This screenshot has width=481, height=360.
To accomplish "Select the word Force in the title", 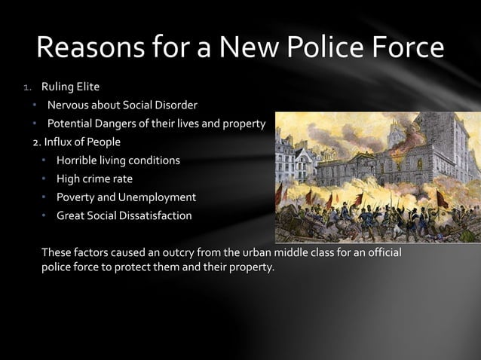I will tap(407, 48).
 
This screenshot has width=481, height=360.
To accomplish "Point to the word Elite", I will tap(86, 87).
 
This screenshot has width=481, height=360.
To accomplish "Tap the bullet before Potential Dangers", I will tap(34, 124).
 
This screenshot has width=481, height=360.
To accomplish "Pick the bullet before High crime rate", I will tap(44, 179).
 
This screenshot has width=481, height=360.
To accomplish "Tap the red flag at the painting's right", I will tap(441, 200).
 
